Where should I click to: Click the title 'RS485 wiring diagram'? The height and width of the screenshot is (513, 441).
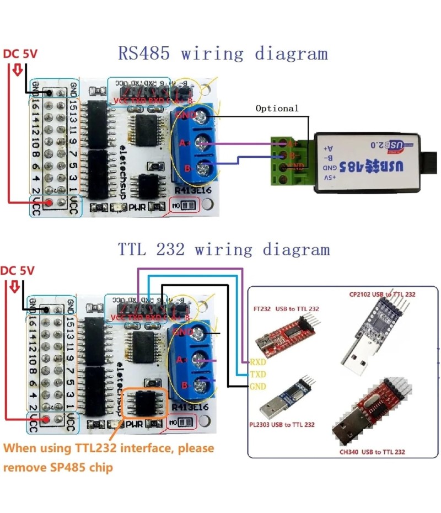click(x=223, y=54)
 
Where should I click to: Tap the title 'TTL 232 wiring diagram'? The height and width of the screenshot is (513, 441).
click(x=223, y=249)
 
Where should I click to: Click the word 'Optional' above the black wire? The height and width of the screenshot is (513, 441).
click(x=277, y=108)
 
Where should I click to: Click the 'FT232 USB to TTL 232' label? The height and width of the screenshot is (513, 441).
click(x=286, y=308)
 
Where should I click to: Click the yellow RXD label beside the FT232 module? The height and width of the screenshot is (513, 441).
click(x=257, y=362)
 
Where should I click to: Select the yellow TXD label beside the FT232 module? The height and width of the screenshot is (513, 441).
click(x=257, y=374)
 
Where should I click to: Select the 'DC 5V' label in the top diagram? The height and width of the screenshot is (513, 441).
click(x=20, y=55)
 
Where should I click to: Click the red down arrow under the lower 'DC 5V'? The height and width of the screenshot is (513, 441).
click(x=15, y=286)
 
